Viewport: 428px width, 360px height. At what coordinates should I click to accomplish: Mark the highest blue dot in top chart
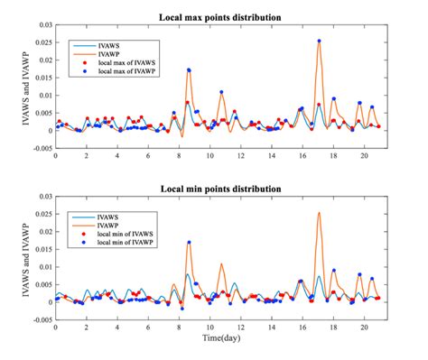tap(320, 41)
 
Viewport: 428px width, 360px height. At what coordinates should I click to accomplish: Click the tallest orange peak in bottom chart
tap(320, 213)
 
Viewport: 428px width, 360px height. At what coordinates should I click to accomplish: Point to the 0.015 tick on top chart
tap(41, 77)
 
